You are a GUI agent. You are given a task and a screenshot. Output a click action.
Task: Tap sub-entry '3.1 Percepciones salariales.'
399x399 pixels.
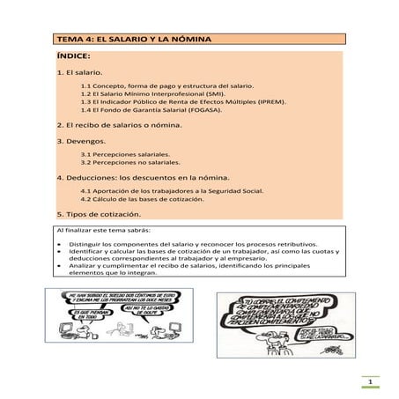(131, 154)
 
